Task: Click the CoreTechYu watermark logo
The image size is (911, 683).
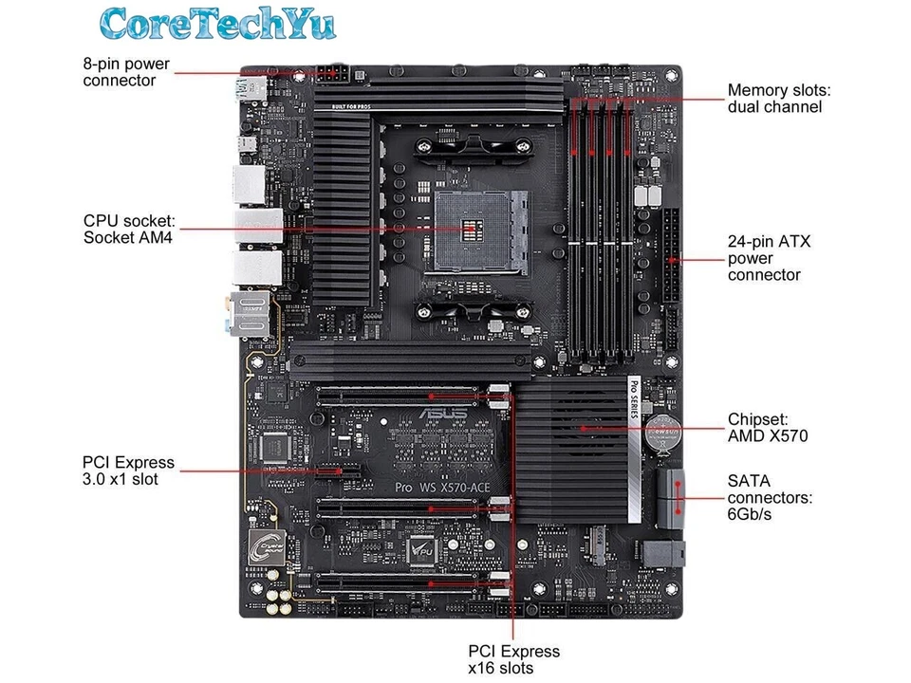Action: [x=218, y=24]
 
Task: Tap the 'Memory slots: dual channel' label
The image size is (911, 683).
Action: [x=778, y=99]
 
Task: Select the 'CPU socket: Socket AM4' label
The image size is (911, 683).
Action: [x=129, y=229]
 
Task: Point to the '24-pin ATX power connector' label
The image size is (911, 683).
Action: [x=769, y=258]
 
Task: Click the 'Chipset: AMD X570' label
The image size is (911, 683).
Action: [x=768, y=427]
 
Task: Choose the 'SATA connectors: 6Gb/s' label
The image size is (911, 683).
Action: [x=770, y=497]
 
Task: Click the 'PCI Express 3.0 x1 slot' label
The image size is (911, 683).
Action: [x=129, y=471]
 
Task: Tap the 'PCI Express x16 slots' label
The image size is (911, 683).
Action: [x=513, y=659]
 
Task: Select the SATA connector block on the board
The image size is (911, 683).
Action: [x=673, y=497]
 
